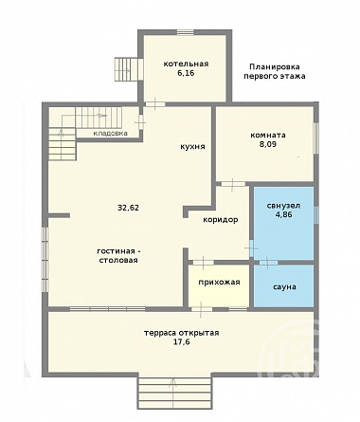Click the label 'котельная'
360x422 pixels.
186,64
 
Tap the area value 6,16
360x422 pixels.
186,73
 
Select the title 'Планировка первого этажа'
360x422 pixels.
275,71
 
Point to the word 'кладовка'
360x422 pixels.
111,133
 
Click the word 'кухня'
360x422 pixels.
192,147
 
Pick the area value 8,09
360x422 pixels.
268,144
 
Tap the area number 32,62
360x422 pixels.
128,208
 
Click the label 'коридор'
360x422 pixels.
221,220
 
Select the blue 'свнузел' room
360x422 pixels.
284,223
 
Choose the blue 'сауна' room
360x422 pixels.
284,285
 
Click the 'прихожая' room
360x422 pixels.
219,285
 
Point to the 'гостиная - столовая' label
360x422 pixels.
118,256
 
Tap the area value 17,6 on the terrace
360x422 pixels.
181,341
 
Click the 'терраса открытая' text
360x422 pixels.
181,333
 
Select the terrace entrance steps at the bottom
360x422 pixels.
174,393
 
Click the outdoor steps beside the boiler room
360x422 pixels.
126,68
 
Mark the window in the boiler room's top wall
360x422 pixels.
185,32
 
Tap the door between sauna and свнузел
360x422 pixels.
268,263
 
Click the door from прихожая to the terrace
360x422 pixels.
202,309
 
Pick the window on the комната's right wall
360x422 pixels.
315,138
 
